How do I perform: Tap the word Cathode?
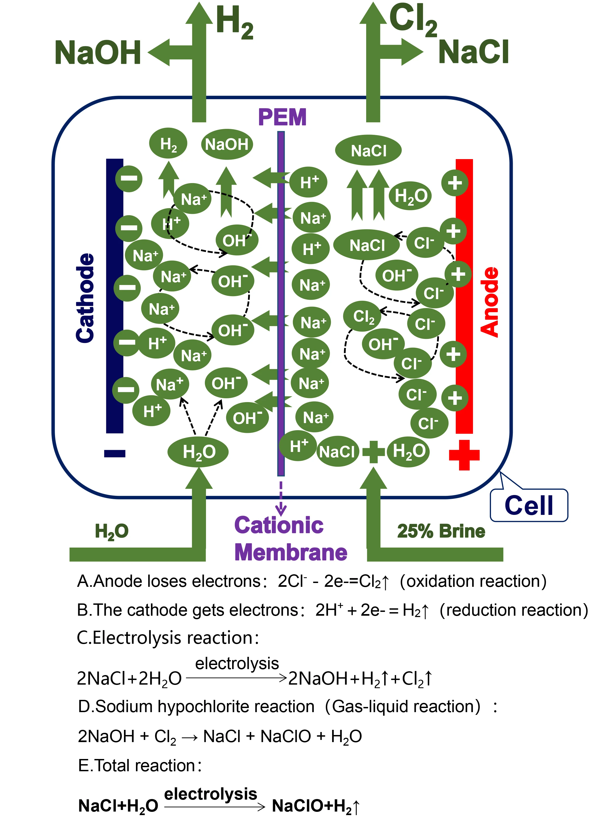tap(85, 298)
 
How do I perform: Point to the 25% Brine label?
tap(441, 531)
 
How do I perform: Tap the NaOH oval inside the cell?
tap(227, 144)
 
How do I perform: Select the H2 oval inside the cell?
tap(168, 144)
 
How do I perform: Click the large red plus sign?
tap(464, 455)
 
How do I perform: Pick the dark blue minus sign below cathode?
tap(115, 453)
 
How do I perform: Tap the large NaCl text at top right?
tap(473, 52)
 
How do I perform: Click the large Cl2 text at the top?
tap(413, 20)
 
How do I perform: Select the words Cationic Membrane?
tap(290, 539)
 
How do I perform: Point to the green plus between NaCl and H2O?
tap(373, 452)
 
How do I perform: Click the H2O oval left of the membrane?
tap(198, 452)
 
